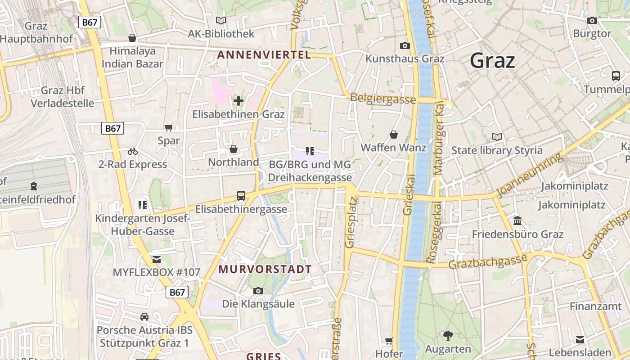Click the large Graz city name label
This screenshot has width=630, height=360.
[492, 60]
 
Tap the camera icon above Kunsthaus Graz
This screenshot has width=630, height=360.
[405, 45]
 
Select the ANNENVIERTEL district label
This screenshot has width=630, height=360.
[264, 55]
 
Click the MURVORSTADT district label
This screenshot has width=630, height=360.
[265, 270]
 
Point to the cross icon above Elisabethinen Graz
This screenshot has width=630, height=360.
[238, 100]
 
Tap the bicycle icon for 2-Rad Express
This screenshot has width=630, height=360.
[132, 151]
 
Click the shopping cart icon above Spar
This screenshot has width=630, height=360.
[169, 128]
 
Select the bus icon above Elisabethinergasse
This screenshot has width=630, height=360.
[241, 196]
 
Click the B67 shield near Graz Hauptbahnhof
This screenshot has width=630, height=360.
[90, 22]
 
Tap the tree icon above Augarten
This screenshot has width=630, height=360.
[448, 335]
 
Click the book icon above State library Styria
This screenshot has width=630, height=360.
[497, 137]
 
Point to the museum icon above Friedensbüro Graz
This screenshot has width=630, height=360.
[517, 221]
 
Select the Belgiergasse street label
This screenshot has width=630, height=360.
[382, 98]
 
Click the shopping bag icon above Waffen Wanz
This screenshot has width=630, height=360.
[394, 135]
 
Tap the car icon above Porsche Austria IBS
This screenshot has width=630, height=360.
[144, 316]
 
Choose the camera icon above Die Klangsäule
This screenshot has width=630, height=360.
[258, 291]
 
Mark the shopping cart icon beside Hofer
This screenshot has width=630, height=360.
[389, 341]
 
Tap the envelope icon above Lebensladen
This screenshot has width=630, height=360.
[580, 339]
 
